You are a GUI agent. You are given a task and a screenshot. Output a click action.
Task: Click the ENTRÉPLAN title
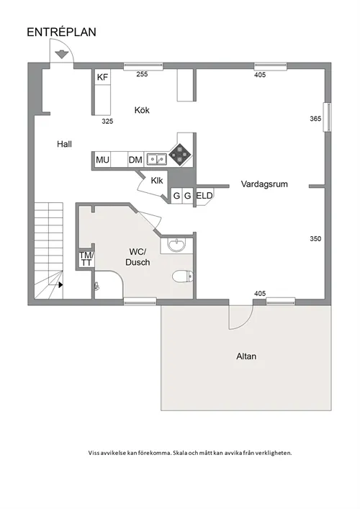point(61,32)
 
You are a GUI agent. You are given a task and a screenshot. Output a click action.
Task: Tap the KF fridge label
point(102,77)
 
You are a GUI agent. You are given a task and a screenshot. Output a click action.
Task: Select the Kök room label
point(142,110)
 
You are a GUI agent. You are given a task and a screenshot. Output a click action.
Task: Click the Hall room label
point(64,144)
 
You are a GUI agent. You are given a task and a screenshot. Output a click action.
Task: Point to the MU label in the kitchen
point(102,160)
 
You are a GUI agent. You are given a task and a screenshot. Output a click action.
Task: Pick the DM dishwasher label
point(135,160)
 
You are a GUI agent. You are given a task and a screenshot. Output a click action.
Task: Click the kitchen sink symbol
point(156,159)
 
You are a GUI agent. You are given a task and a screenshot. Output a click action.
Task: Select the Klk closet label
point(157,181)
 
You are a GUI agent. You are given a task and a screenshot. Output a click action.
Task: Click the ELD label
point(204,195)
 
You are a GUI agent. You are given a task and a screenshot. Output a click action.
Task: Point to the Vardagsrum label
point(264,184)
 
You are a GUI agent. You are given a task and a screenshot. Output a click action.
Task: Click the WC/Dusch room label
point(138,257)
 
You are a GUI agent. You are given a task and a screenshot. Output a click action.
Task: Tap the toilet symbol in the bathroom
point(183,276)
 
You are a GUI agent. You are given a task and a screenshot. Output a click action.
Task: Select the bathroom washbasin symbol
point(176,245)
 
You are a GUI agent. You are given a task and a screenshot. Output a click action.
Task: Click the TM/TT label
point(86,259)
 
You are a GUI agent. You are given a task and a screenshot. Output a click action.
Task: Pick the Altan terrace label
point(246,356)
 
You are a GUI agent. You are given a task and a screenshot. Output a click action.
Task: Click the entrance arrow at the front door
point(60,54)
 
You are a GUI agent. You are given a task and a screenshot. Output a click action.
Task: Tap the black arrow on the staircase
point(60,284)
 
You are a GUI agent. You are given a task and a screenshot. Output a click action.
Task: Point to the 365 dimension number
point(315,119)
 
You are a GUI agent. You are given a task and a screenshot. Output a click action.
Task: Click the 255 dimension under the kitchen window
point(142,74)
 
